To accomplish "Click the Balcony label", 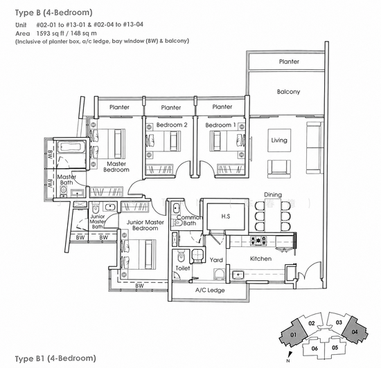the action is [288, 92].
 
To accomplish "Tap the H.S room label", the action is [226, 216].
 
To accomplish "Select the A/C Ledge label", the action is [210, 290].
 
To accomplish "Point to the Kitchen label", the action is [260, 259].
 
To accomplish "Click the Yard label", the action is [216, 260].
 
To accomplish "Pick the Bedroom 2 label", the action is [172, 125].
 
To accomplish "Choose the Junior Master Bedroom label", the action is [145, 225].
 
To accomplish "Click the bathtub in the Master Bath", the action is [71, 147].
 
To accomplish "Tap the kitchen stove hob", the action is [258, 241].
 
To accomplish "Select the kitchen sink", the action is [238, 275].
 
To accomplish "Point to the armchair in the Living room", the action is [279, 169].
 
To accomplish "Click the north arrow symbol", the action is [288, 355].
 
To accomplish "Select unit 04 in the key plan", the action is [355, 331].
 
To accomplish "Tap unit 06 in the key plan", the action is [314, 349].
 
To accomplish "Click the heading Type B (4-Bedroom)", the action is [54, 12].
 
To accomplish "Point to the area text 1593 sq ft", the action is [52, 33].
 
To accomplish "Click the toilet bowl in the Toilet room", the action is [181, 257].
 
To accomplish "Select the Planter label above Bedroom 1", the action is [222, 107].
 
